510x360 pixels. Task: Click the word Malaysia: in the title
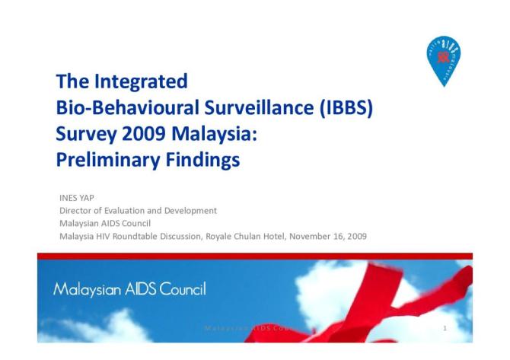click(x=202, y=134)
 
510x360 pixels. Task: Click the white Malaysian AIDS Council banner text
click(x=129, y=289)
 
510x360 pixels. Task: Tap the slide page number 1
click(x=445, y=328)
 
